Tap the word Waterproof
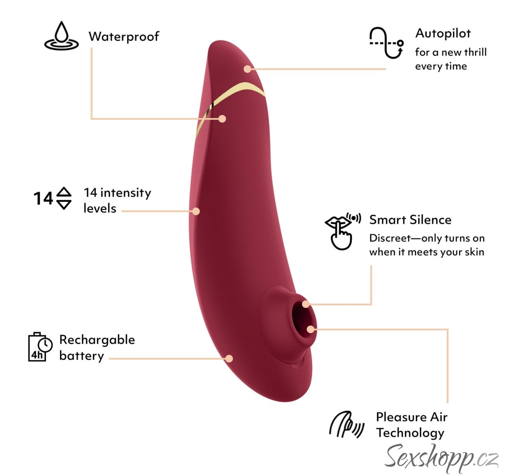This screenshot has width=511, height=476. tap(123, 36)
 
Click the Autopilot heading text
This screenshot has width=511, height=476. tap(443, 33)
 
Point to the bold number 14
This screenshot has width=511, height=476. tap(43, 198)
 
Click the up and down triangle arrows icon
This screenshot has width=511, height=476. tap(64, 198)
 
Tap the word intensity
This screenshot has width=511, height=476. tap(125, 193)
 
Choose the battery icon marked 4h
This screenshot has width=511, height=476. tap(40, 347)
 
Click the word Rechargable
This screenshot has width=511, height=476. tap(97, 340)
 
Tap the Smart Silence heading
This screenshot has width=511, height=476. tap(410, 220)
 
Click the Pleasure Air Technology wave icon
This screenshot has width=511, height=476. tap(346, 425)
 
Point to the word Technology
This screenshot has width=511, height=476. tap(410, 433)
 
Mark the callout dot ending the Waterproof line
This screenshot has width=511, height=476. tap(222, 119)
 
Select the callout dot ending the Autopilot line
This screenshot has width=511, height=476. tap(247, 69)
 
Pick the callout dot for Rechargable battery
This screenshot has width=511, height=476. tap(229, 359)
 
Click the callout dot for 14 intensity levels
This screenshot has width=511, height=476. tap(196, 211)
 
